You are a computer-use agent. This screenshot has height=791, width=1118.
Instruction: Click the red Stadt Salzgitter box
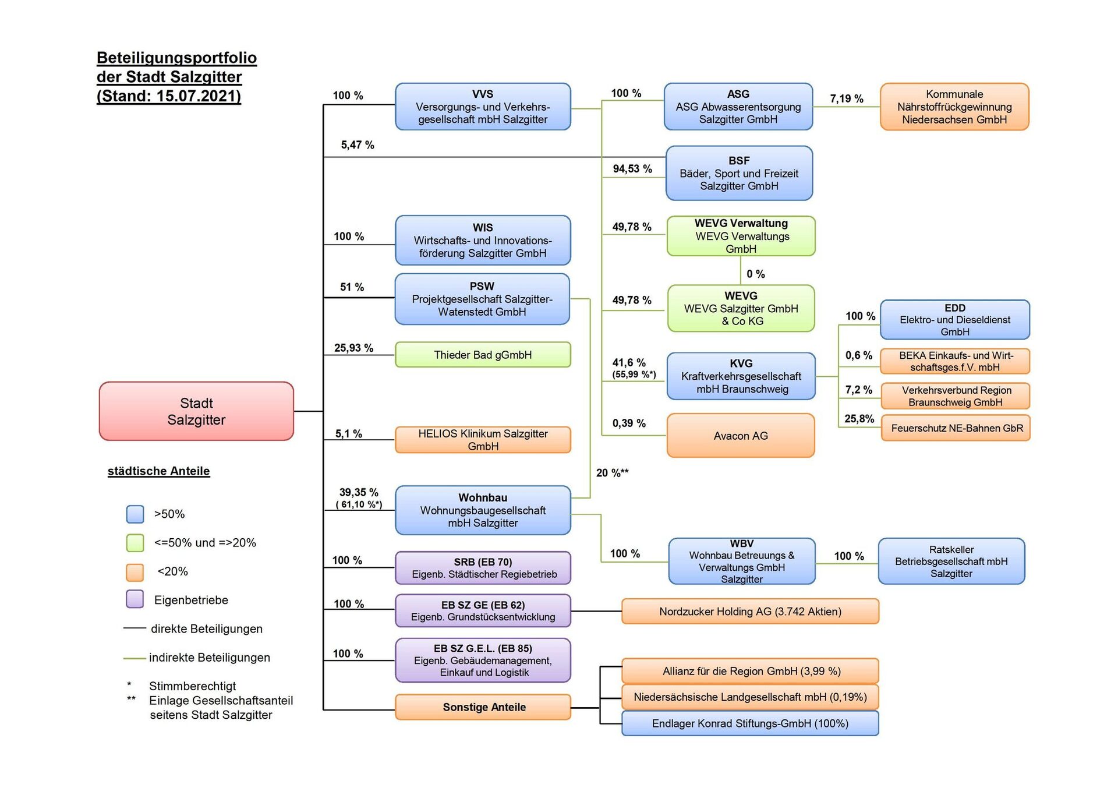196,411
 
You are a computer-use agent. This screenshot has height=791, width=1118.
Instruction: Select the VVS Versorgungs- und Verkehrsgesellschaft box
483,107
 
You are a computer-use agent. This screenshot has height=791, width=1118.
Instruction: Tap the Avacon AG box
740,436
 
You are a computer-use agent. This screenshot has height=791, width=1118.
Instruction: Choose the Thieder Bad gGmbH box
483,355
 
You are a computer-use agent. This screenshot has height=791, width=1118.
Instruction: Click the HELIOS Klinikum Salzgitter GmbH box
483,440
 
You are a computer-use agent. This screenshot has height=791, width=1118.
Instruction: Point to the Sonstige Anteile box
483,707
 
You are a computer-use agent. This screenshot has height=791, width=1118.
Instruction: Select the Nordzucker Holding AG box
750,612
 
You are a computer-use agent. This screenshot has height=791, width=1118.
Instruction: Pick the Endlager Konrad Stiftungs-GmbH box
750,723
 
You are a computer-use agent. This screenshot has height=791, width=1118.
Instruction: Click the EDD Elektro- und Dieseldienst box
954,320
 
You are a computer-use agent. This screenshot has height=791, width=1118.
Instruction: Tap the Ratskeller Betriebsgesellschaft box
951,562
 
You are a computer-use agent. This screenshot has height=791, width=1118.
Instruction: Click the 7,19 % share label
846,99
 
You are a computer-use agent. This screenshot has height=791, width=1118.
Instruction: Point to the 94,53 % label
632,169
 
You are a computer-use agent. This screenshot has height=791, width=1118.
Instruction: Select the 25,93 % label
353,348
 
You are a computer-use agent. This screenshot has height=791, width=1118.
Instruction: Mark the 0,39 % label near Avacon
628,423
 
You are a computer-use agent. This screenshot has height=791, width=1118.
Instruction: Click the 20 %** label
612,473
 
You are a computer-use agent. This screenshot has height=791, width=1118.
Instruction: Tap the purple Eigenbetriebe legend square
135,599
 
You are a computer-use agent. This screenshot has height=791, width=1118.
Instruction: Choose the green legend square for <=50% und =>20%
135,543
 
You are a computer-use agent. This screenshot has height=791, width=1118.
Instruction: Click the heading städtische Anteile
158,471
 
